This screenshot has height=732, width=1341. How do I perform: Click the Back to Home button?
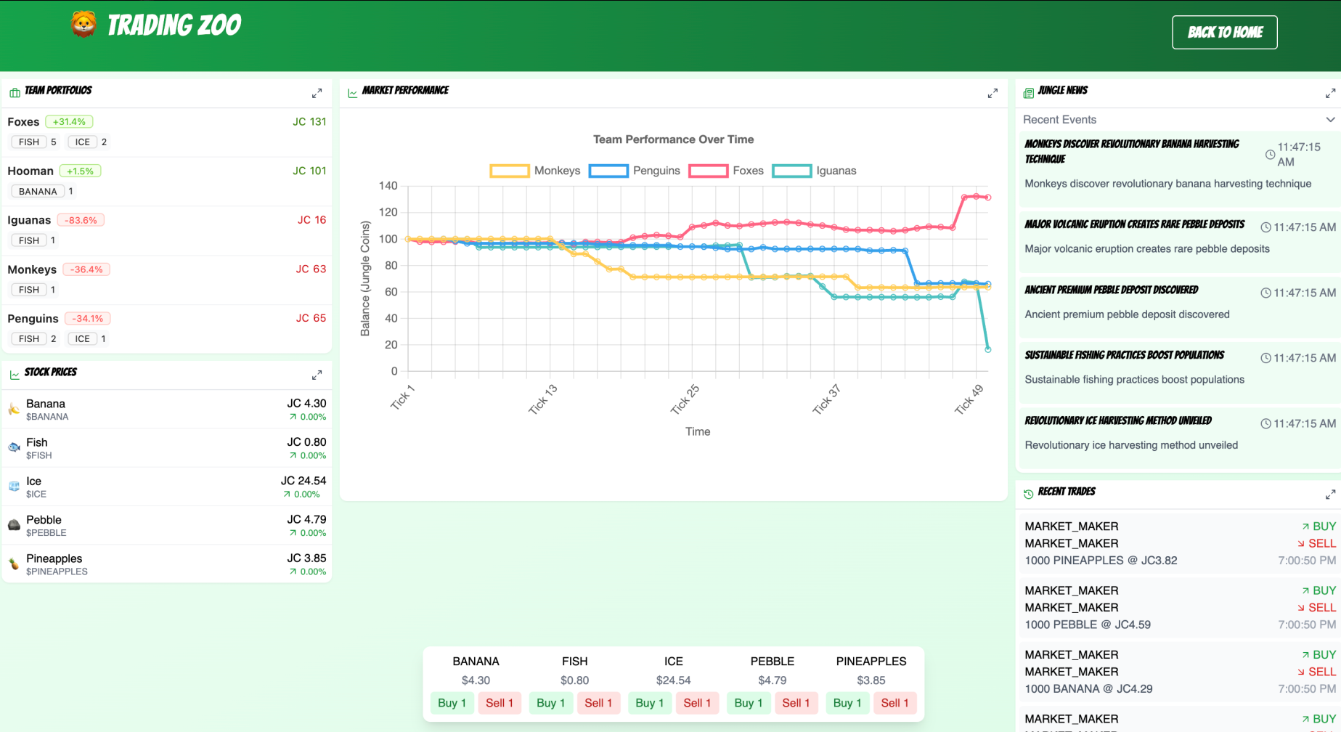pyautogui.click(x=1224, y=33)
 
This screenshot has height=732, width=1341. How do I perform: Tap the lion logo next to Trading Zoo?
pyautogui.click(x=83, y=25)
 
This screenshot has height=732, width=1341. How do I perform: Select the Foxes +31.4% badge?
pyautogui.click(x=69, y=122)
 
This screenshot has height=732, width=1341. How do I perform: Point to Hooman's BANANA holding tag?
pyautogui.click(x=38, y=192)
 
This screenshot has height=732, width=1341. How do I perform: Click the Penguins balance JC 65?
pyautogui.click(x=311, y=318)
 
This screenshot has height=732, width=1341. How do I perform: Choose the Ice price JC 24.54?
pyautogui.click(x=303, y=481)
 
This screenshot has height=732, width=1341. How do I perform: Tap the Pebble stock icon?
pyautogui.click(x=14, y=525)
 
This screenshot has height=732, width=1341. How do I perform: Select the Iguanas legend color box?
pyautogui.click(x=791, y=171)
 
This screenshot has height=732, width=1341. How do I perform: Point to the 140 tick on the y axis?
pyautogui.click(x=388, y=186)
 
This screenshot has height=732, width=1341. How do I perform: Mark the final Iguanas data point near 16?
pyautogui.click(x=987, y=349)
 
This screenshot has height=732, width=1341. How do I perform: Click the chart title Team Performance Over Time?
pyautogui.click(x=673, y=139)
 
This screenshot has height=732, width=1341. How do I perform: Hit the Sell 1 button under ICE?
pyautogui.click(x=696, y=703)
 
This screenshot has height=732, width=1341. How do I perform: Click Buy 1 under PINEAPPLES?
pyautogui.click(x=847, y=703)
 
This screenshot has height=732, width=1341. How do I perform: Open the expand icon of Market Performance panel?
pyautogui.click(x=992, y=94)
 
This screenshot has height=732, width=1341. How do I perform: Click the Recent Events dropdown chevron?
pyautogui.click(x=1329, y=120)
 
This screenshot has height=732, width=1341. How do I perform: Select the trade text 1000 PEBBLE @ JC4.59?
pyautogui.click(x=1087, y=625)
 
